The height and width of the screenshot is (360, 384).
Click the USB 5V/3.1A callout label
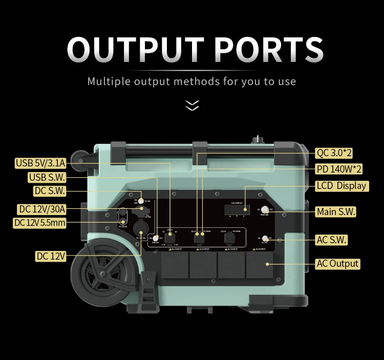[40, 163]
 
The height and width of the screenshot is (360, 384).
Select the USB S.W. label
[47, 178]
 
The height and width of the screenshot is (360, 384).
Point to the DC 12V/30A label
[42, 209]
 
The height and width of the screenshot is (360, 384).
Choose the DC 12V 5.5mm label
[39, 223]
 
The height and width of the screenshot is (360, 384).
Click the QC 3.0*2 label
[334, 153]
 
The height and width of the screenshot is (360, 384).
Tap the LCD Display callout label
[342, 185]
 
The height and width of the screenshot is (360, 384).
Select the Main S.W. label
[336, 211]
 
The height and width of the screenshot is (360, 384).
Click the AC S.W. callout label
[331, 240]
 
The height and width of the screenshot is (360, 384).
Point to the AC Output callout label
[337, 264]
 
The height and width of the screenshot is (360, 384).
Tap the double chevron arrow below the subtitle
[192, 105]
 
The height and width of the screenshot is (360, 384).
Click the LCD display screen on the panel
[237, 209]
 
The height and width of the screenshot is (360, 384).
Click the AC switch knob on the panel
[265, 238]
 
